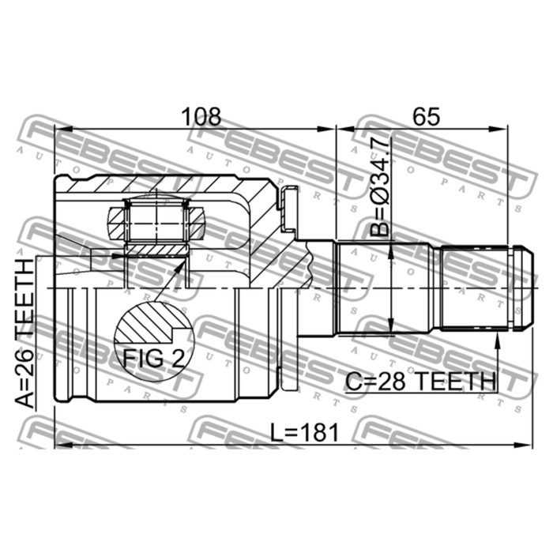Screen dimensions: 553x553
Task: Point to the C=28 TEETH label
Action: coord(420,382)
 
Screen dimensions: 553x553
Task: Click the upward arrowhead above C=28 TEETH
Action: coord(497,340)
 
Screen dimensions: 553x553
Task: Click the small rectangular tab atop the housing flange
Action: coord(289,192)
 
